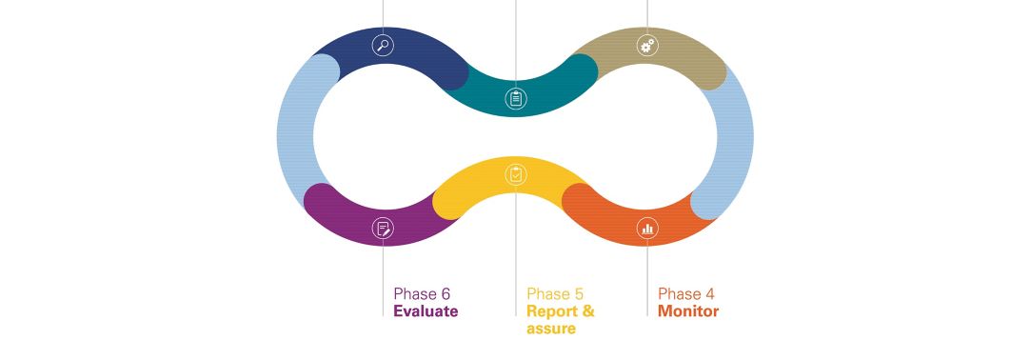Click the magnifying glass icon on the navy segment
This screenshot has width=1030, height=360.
pyautogui.click(x=383, y=46)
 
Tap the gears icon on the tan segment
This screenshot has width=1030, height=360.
pyautogui.click(x=647, y=46)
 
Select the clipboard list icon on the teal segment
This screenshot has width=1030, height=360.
pyautogui.click(x=516, y=98)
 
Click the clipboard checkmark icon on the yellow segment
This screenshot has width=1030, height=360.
pyautogui.click(x=516, y=174)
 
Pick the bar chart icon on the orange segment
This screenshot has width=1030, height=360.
pyautogui.click(x=647, y=228)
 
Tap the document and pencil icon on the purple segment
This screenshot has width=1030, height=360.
pyautogui.click(x=383, y=228)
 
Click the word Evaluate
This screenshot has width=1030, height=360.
pyautogui.click(x=426, y=310)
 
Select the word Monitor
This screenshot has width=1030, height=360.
pyautogui.click(x=688, y=310)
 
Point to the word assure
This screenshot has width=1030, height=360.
pyautogui.click(x=551, y=328)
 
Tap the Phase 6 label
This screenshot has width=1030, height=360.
pyautogui.click(x=423, y=293)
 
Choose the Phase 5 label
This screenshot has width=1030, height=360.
pyautogui.click(x=555, y=293)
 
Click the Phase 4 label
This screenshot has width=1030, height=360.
pyautogui.click(x=686, y=293)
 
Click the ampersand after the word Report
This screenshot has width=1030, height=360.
pyautogui.click(x=588, y=310)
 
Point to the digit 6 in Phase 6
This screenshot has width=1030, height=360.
pyautogui.click(x=446, y=293)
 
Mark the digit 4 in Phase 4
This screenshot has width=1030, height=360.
pyautogui.click(x=710, y=293)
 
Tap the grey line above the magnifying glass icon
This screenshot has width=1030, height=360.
pyautogui.click(x=383, y=17)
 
